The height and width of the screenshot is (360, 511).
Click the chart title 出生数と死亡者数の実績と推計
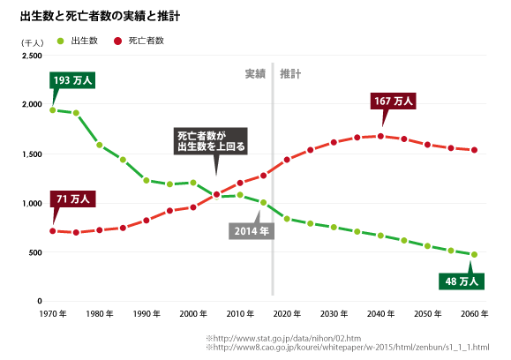click(101, 16)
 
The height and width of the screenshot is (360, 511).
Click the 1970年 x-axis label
click(52, 314)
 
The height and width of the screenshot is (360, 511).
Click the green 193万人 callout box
click(72, 81)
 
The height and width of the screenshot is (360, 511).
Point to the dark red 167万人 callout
click(395, 102)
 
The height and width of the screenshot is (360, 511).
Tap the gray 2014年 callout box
click(252, 231)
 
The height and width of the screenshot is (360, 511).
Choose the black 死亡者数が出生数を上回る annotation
click(210, 141)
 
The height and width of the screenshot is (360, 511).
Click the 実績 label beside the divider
click(255, 74)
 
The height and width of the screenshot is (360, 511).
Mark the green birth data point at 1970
click(53, 110)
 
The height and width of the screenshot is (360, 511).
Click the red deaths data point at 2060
click(474, 150)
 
